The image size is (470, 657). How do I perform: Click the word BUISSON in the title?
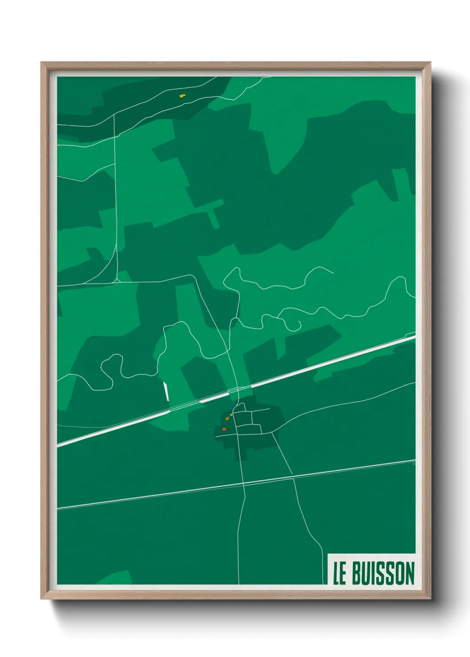[383, 573]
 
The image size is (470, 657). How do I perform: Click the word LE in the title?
[340, 574]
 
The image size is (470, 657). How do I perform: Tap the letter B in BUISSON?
[356, 574]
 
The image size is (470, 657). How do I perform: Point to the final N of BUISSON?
[410, 573]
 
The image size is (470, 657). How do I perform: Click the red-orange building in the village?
[224, 429]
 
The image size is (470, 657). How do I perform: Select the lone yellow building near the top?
[182, 95]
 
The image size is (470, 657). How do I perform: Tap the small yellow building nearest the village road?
[231, 415]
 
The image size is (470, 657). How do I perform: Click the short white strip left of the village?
[166, 391]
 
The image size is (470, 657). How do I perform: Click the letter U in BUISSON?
[367, 574]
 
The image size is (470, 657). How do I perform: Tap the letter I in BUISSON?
[374, 574]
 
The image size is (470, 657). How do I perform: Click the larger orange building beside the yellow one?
[227, 418]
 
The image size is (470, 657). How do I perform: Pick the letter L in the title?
[336, 574]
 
